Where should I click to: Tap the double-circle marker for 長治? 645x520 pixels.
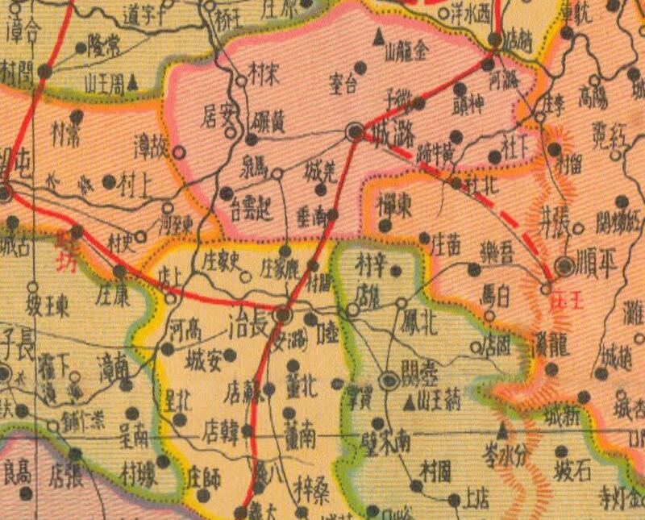283,314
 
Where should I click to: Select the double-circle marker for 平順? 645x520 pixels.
565,266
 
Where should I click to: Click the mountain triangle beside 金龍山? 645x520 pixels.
377,36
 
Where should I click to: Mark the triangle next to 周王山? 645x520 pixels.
133,81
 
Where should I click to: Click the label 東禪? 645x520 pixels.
395,206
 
